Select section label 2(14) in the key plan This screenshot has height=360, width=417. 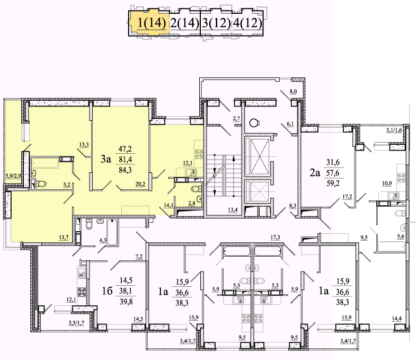tap(184, 23)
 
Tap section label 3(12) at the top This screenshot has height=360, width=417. tap(216, 23)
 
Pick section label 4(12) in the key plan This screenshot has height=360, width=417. tap(247, 23)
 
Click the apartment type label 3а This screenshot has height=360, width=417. tap(105, 159)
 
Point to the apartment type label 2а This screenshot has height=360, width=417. tap(315, 173)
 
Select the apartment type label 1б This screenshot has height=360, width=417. tap(108, 291)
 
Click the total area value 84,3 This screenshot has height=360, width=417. tap(125, 170)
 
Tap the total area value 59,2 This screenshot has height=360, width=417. tap(333, 183)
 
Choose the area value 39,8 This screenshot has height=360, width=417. tap(126, 302)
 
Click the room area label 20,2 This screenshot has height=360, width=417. tap(140, 183)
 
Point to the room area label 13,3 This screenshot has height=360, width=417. tap(84, 145)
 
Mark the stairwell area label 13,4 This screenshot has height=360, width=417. tap(233, 210)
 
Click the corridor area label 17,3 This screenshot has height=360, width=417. tap(275, 237)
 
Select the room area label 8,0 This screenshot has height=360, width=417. tap(294, 92)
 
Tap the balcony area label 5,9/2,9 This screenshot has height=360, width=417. tap(13, 175)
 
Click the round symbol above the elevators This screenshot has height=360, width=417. tap(254, 123)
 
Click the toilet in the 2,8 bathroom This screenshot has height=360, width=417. tap(196, 189)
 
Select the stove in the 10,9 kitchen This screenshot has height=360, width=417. tap(401, 177)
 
